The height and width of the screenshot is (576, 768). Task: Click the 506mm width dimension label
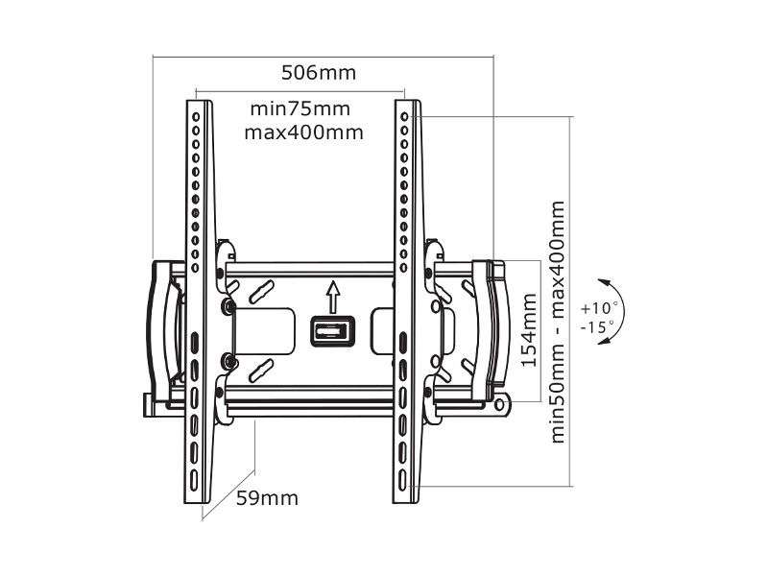318,73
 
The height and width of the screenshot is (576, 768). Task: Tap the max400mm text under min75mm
303,132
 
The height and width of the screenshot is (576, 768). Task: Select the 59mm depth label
267,498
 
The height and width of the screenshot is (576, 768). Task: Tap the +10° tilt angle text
600,309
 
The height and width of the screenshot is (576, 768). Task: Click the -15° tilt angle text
599,327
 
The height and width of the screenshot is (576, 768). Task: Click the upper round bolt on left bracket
228,306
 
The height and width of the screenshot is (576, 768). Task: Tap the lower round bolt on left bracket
228,361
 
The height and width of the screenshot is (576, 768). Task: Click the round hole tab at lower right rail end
501,405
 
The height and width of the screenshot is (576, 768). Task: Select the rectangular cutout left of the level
266,330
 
